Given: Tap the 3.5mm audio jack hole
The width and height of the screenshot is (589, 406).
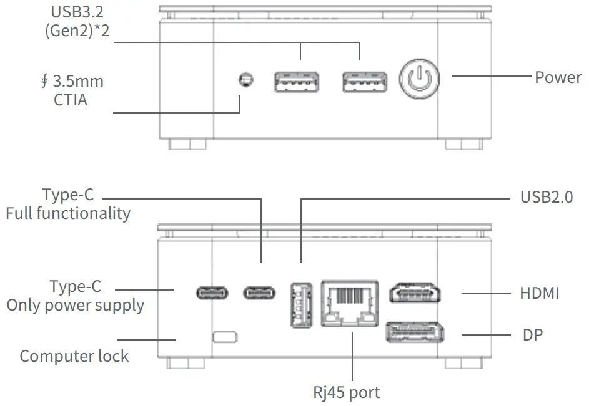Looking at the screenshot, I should tap(246, 80).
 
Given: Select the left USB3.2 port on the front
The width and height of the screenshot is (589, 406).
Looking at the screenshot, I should tap(296, 82).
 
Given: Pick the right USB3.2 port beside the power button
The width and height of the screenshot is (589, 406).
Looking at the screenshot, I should tap(364, 82).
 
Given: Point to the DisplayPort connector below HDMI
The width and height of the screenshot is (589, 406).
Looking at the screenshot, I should tap(415, 332).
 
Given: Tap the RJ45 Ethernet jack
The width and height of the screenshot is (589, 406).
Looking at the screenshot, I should tap(350, 302).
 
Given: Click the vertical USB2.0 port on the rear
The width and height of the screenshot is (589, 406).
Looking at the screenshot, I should tap(300, 305).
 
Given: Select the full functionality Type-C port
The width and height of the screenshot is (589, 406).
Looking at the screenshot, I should tap(259, 292).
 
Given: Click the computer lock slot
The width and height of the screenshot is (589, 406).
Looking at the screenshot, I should tap(225, 337).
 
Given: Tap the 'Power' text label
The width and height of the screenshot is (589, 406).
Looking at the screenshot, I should tap(558, 77).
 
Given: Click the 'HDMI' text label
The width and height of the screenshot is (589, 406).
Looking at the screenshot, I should tap(539, 292).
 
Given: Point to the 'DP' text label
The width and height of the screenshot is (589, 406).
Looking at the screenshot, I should tap(532, 335).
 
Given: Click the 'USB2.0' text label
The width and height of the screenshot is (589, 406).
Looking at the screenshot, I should tap(547, 198).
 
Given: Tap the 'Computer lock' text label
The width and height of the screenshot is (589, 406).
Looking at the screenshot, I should tap(74, 356).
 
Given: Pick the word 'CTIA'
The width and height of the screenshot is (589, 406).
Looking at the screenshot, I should tap(70, 99).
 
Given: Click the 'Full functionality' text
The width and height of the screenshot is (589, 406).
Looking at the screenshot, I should tap(68, 213).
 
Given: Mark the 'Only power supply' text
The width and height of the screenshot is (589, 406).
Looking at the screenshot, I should tap(75, 305).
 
